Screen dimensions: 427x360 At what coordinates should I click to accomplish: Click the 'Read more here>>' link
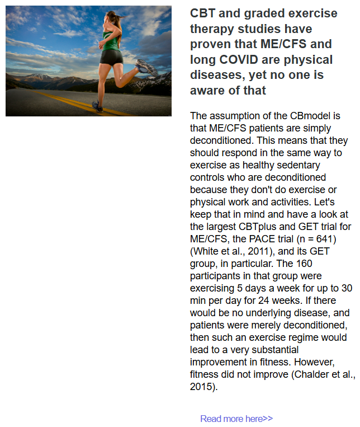click(x=236, y=419)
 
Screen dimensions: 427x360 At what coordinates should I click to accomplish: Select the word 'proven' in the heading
click(x=210, y=44)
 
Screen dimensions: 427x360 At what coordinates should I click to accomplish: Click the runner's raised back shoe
click(x=147, y=68)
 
